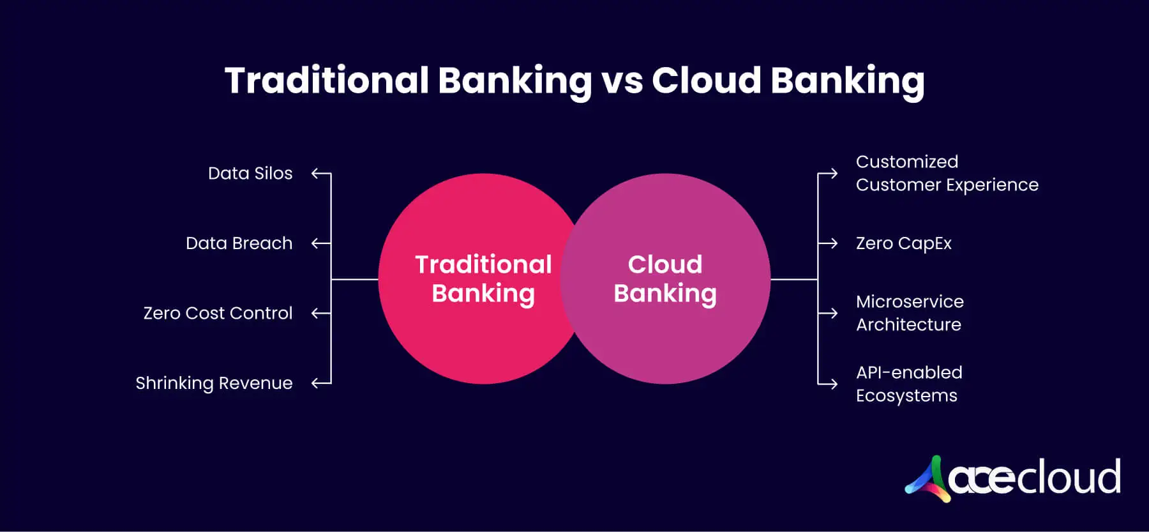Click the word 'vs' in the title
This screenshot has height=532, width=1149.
coord(622,82)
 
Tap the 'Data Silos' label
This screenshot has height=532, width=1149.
coord(250,173)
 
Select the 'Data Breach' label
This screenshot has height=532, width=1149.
coord(239,243)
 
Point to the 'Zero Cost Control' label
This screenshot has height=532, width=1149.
coord(218,313)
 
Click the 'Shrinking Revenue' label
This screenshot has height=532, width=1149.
coord(214,383)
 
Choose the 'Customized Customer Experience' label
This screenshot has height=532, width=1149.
coord(947,173)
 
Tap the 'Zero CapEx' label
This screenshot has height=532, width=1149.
coord(903,243)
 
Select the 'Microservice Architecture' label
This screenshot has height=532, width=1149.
coord(910,313)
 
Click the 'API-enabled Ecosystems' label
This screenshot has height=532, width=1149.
coord(909,384)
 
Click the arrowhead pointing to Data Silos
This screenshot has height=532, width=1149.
coord(314,173)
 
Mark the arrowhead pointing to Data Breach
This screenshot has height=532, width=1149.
coord(314,243)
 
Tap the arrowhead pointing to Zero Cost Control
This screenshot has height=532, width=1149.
coord(314,313)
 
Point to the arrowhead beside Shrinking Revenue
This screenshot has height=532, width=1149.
coord(314,383)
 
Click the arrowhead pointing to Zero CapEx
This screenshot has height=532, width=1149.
coord(834,243)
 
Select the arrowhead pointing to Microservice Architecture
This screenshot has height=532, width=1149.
coord(834,313)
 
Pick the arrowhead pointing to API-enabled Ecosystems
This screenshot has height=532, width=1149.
coord(834,384)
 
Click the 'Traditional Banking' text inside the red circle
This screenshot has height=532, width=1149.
coord(483,279)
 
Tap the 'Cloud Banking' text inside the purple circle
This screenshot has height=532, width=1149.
coord(665,279)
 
